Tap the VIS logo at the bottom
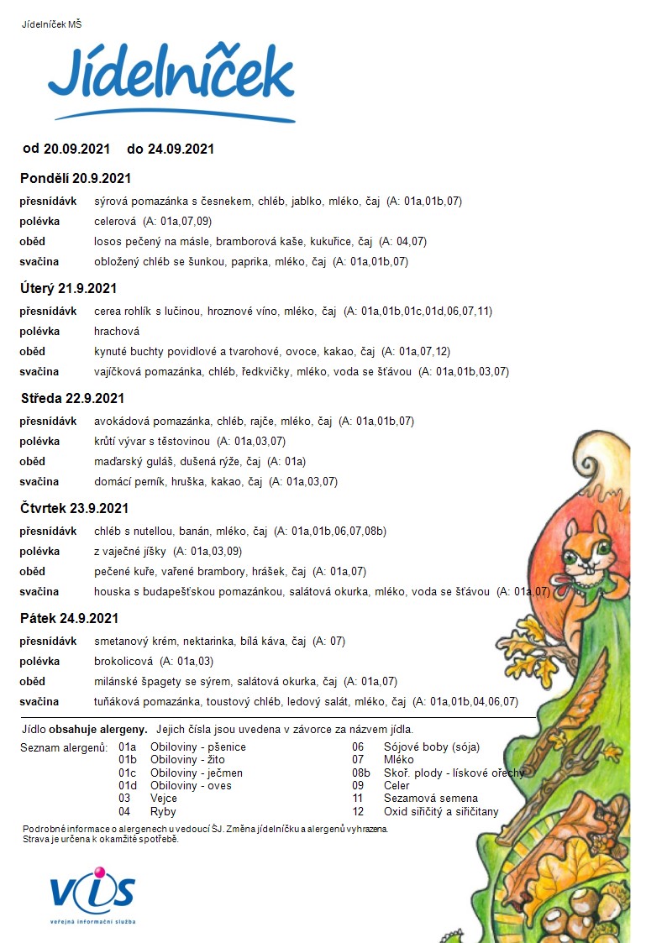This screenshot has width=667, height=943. tap(92, 893)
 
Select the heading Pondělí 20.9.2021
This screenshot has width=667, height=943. tap(76, 179)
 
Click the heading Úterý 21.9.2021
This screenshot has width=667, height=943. tap(69, 289)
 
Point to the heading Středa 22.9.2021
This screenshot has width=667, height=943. tap(72, 399)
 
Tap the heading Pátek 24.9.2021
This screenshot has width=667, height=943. tap(70, 619)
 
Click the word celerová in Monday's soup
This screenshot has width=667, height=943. tap(115, 222)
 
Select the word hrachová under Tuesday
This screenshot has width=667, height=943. tap(117, 332)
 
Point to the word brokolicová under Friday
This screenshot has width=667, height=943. tap(123, 662)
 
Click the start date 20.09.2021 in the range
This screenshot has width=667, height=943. tap(77, 149)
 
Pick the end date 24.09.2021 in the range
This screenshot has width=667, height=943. tap(181, 149)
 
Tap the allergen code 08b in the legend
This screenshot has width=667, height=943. tap(361, 773)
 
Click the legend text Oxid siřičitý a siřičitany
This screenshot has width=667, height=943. tap(441, 811)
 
